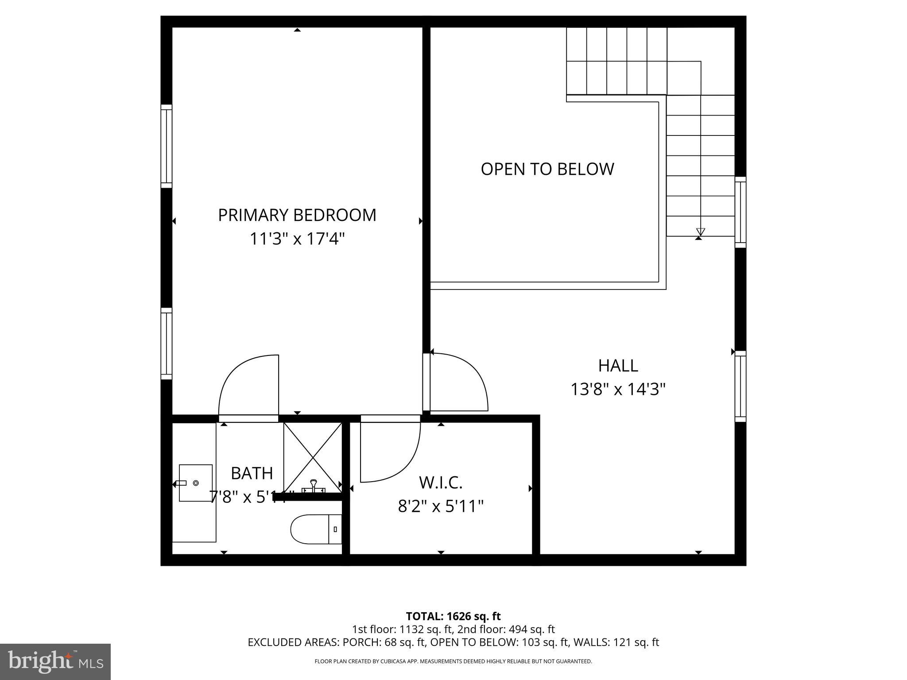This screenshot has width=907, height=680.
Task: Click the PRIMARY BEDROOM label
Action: click(297, 215)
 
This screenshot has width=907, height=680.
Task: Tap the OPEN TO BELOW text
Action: click(547, 169)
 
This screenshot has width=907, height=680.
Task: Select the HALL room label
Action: click(618, 366)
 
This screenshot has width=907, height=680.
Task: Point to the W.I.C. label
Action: click(441, 482)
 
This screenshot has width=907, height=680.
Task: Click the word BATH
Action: click(252, 473)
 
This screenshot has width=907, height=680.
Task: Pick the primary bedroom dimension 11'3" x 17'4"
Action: click(297, 239)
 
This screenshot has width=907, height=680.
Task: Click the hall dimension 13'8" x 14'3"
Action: click(618, 390)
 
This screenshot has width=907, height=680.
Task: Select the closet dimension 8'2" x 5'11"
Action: click(441, 506)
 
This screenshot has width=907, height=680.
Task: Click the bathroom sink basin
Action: click(195, 483)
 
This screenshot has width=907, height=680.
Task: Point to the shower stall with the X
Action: click(313, 456)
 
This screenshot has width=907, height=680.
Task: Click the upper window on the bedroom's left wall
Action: click(166, 146)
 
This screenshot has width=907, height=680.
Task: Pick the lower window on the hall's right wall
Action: click(740, 386)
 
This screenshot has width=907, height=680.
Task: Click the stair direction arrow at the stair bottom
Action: click(700, 232)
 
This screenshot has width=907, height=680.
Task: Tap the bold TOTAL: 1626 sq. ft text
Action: click(453, 616)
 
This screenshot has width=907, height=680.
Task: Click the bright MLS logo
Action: click(55, 662)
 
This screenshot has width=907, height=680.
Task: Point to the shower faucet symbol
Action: click(314, 486)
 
